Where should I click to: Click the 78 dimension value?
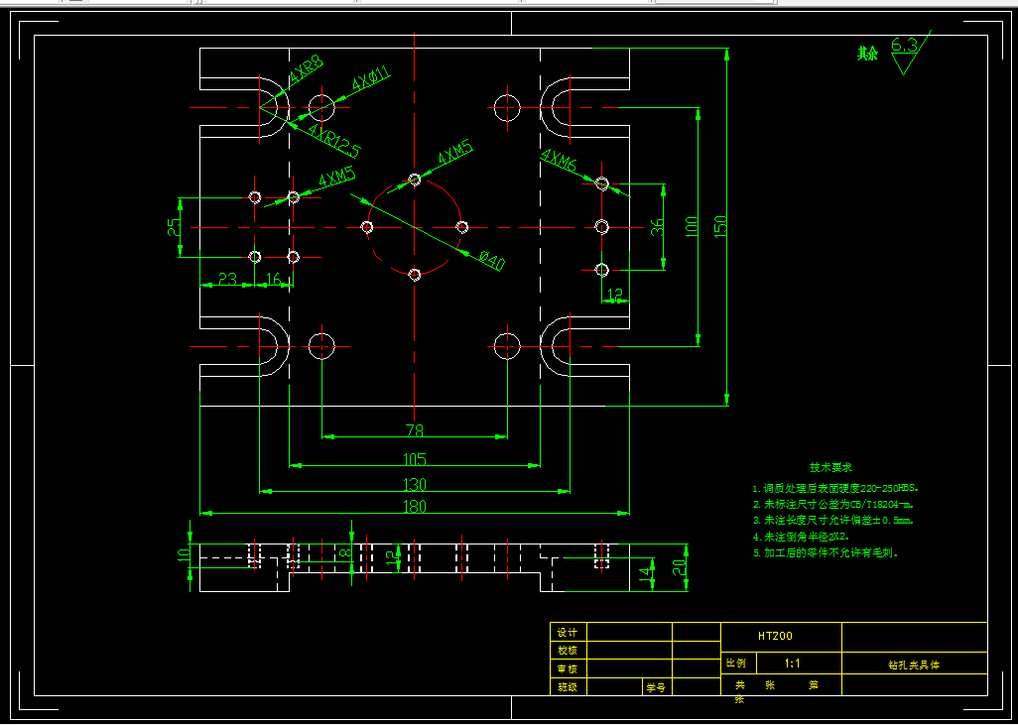pos(414,430)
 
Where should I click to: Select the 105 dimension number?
pos(414,459)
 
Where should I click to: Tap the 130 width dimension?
pos(414,484)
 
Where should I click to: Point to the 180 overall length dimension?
pos(414,507)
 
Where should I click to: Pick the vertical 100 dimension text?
pos(692,227)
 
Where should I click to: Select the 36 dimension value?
pos(657,227)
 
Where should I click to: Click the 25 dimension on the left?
pos(175,227)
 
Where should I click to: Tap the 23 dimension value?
pos(227,280)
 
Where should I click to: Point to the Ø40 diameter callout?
pos(491,262)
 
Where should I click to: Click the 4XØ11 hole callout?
pos(372,78)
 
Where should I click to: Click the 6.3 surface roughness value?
pos(904,46)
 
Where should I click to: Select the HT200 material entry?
pos(776,636)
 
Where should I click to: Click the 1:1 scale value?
pos(794,663)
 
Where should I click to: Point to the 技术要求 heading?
pos(830,466)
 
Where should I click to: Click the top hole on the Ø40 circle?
pos(415,181)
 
